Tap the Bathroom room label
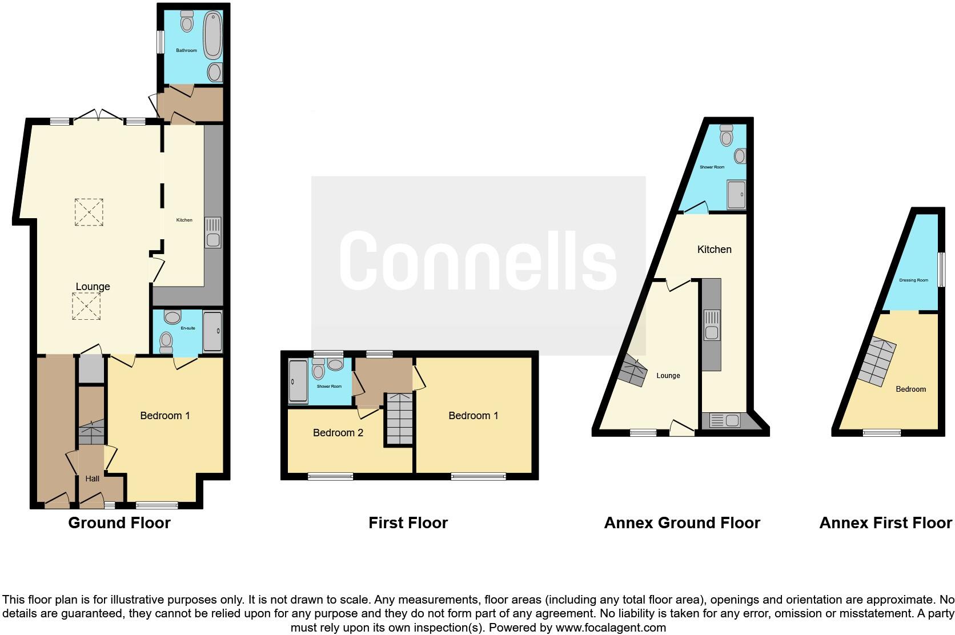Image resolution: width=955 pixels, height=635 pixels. [x=186, y=51]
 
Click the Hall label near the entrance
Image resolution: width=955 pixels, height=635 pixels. [x=93, y=479]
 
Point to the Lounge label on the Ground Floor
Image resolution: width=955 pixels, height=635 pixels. [x=93, y=287]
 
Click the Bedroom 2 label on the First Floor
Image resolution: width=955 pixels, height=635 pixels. [x=338, y=433]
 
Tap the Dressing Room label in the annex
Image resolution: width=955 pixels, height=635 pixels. [x=913, y=280]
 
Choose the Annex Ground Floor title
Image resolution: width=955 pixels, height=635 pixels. [x=682, y=523]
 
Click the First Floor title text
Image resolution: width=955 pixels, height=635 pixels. [x=408, y=523]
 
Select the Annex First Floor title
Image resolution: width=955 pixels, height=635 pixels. [x=885, y=523]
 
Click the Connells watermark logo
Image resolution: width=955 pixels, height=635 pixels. [x=479, y=262]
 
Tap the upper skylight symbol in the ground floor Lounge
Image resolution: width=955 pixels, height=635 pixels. [x=89, y=212]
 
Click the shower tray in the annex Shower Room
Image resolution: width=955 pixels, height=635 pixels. [x=736, y=195]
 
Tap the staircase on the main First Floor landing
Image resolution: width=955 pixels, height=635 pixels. [x=399, y=419]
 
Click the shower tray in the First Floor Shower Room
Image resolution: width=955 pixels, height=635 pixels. [x=298, y=381]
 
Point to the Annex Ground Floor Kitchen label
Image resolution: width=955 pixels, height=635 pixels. [x=714, y=250]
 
